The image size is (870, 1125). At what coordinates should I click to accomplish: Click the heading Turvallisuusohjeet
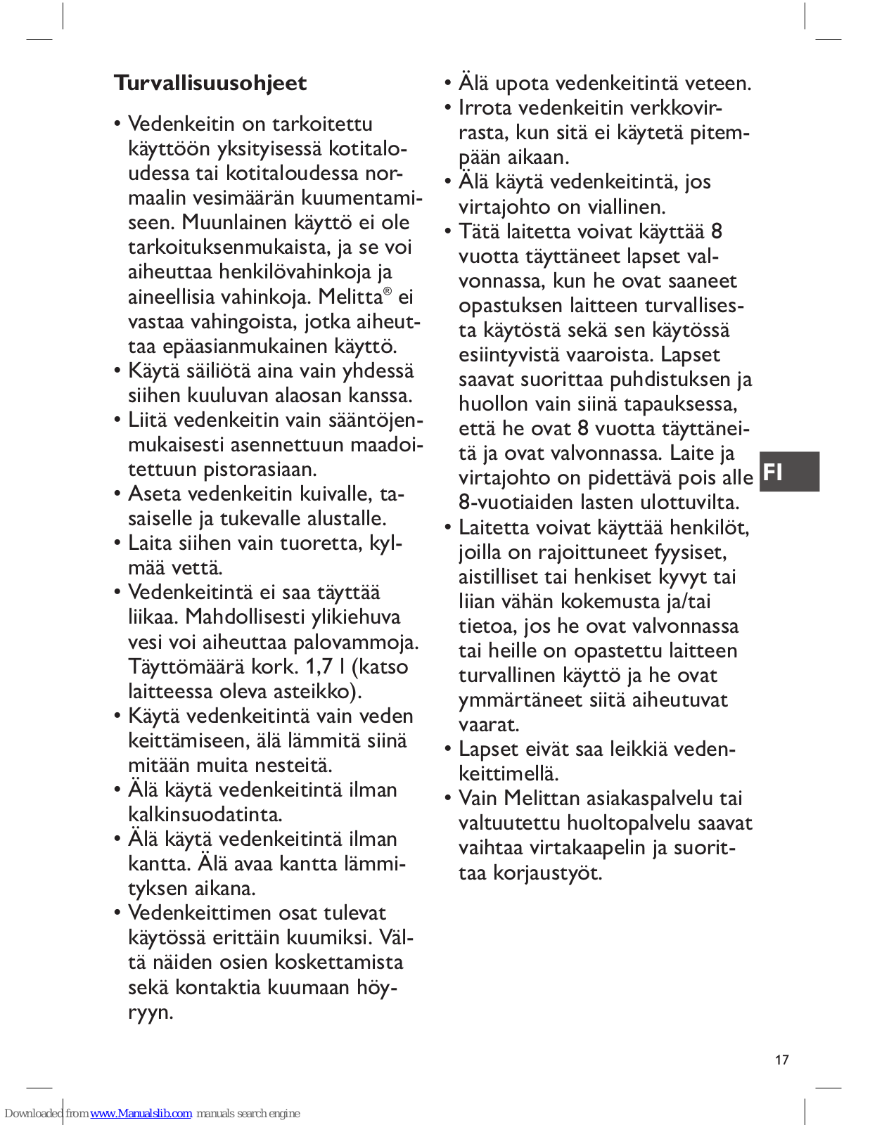point(210,83)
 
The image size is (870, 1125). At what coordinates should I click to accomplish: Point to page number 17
point(782,1060)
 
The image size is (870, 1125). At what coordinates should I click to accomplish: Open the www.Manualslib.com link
point(141,1113)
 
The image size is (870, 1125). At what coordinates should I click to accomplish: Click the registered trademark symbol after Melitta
point(388,291)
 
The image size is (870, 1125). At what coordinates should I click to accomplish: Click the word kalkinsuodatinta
point(205,814)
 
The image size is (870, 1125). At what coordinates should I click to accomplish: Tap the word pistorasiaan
point(260,469)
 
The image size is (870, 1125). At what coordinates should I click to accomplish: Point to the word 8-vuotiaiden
point(520,502)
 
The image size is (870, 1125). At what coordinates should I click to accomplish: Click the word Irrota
point(486,108)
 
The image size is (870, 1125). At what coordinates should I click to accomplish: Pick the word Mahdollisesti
point(247,617)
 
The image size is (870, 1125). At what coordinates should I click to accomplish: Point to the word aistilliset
point(499,577)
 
